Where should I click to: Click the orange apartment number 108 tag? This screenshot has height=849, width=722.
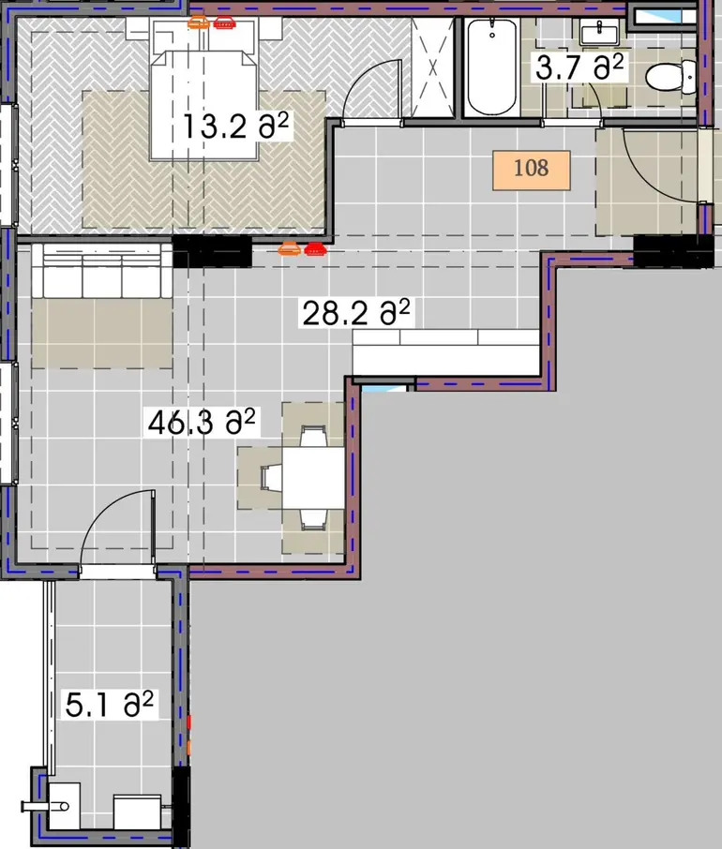coord(532,170)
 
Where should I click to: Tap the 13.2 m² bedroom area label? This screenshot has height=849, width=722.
coord(235,127)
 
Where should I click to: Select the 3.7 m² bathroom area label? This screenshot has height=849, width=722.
coord(579,67)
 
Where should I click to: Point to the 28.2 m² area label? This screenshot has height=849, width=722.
coord(356,313)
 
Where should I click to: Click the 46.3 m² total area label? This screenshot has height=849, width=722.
coord(202,423)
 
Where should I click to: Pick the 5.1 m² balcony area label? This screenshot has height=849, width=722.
coord(110,705)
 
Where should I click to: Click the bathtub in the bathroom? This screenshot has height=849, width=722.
coord(492,67)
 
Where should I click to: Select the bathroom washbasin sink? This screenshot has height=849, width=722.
coord(599,32)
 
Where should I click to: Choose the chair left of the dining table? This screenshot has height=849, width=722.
coord(271,478)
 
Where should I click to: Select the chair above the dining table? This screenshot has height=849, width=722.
coord(313,437)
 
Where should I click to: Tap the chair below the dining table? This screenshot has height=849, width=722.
coord(313,519)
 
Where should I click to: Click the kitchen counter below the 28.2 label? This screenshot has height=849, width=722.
coord(445,352)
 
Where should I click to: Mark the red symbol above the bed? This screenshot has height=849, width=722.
coord(224,22)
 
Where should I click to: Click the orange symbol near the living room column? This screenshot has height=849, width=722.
coord(289,248)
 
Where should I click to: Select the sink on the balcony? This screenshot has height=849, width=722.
coord(64,806)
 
